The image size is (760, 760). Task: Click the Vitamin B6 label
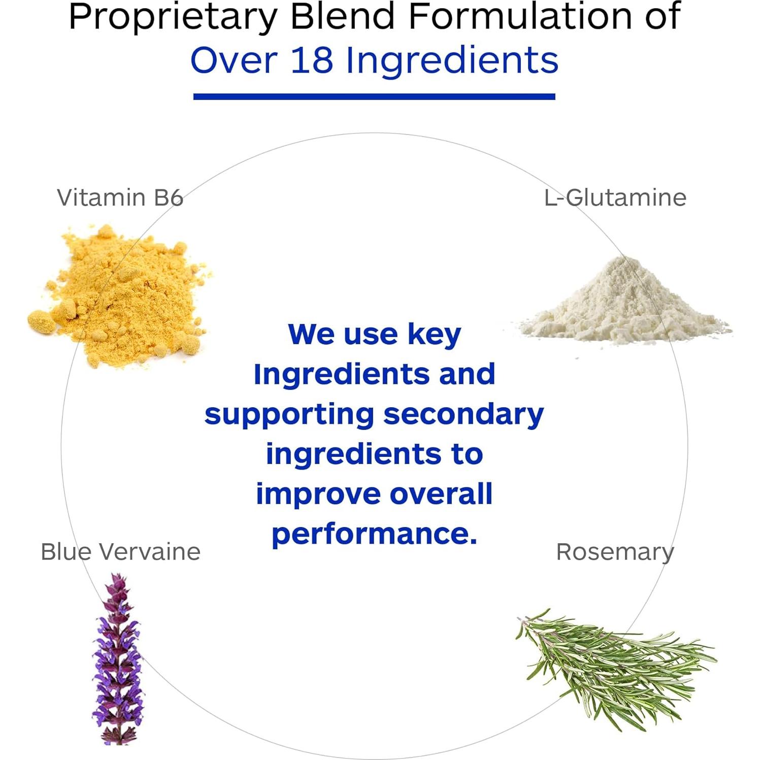(x=120, y=197)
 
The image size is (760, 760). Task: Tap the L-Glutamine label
(x=615, y=197)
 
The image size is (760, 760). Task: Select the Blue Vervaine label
(x=120, y=552)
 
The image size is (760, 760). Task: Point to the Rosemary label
(x=615, y=552)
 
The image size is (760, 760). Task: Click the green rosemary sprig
(x=614, y=665)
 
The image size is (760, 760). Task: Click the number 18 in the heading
(x=312, y=60)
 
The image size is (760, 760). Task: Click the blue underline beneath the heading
(x=374, y=96)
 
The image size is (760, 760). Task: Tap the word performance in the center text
(x=375, y=535)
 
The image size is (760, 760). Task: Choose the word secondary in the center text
(x=464, y=415)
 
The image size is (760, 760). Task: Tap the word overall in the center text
(x=441, y=494)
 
